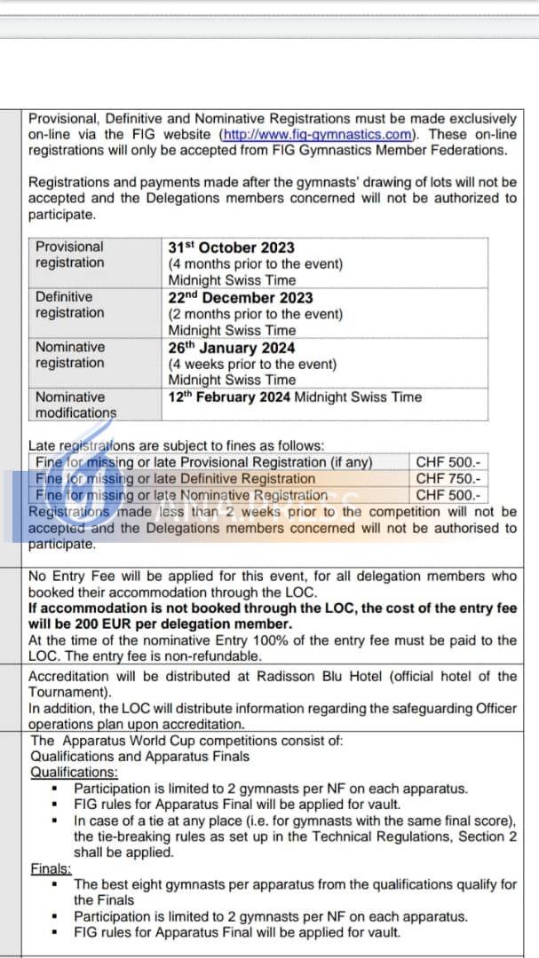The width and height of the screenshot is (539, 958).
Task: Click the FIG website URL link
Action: click(318, 135)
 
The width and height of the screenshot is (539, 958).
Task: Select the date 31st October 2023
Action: click(231, 247)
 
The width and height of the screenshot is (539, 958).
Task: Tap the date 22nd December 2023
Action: click(241, 298)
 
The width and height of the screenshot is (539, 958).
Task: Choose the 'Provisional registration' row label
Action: click(69, 255)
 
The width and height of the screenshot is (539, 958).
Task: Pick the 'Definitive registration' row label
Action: click(69, 305)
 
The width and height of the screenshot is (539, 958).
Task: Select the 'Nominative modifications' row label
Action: click(75, 405)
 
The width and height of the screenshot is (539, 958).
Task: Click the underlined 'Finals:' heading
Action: click(51, 869)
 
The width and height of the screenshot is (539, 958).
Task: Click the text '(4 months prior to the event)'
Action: click(256, 263)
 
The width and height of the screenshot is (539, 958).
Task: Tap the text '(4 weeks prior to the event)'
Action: click(253, 365)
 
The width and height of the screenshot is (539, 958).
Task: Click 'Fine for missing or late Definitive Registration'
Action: click(176, 479)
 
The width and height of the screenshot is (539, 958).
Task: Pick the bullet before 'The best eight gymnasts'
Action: click(56, 885)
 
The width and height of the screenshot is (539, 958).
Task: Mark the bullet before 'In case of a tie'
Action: click(56, 821)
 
